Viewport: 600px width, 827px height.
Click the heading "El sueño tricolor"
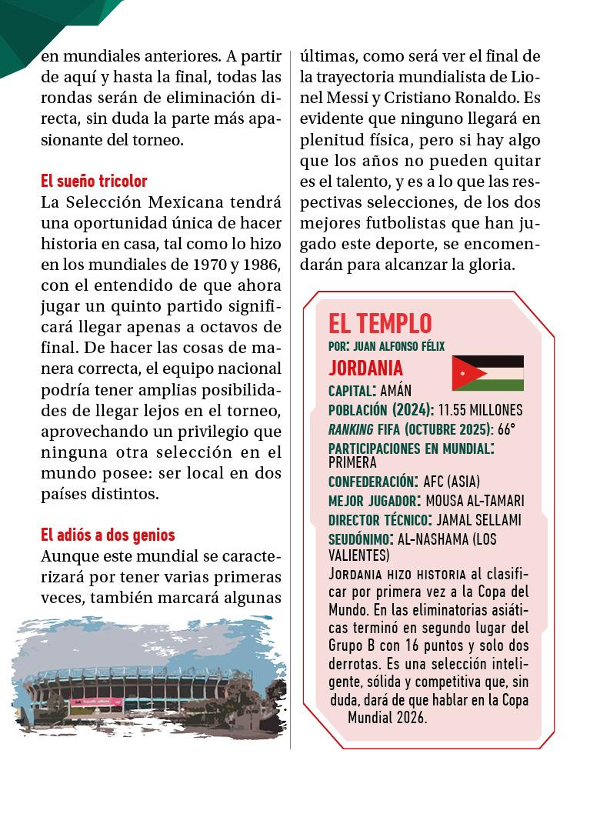(94, 182)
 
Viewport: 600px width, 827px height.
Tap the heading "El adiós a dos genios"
(108, 535)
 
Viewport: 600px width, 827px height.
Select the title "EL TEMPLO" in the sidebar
(380, 323)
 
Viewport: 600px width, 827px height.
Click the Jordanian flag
(488, 373)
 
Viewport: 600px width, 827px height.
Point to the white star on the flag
(463, 374)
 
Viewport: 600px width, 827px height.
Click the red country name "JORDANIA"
(365, 367)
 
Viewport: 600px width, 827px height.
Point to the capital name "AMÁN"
(396, 390)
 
